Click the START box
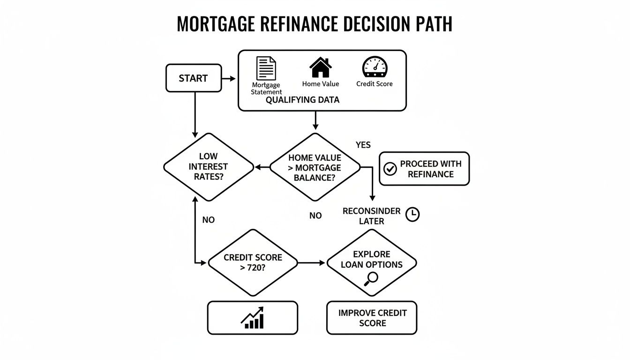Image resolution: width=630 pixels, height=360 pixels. (194, 78)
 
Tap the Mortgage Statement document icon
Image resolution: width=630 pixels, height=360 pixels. (266, 68)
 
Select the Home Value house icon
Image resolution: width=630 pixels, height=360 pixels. (321, 67)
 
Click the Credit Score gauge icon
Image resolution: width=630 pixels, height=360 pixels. (375, 67)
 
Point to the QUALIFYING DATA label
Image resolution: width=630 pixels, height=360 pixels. (302, 100)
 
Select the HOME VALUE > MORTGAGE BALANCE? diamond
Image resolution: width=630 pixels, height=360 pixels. (315, 167)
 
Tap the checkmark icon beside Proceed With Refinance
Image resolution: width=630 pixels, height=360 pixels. (390, 169)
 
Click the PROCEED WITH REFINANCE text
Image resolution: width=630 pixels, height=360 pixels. (430, 169)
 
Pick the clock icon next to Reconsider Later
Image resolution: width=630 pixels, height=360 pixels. (412, 215)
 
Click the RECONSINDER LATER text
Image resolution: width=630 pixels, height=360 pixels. (371, 216)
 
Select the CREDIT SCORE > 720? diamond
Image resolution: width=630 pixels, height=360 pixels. (253, 262)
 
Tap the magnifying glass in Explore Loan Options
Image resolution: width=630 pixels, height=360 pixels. (371, 278)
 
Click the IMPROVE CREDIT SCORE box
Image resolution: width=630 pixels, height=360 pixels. (371, 318)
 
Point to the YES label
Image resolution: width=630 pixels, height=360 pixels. (363, 145)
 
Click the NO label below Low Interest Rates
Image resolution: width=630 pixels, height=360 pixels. (208, 219)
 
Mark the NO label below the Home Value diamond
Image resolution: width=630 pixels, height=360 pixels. (315, 216)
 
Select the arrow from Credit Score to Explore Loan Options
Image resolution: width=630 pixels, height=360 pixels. (311, 262)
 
